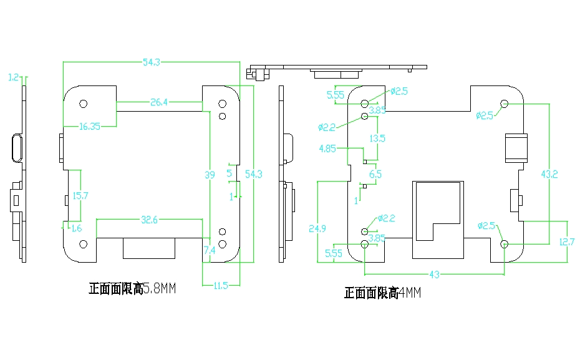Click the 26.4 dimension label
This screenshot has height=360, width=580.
(x=159, y=102)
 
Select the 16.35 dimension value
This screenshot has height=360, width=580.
(x=90, y=127)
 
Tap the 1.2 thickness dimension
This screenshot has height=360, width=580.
(x=13, y=77)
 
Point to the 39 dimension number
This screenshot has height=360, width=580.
(x=210, y=175)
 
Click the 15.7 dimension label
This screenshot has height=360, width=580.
(x=80, y=196)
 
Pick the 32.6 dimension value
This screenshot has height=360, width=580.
(x=150, y=220)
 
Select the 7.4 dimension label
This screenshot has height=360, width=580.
(x=210, y=250)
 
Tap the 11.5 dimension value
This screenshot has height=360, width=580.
(x=221, y=286)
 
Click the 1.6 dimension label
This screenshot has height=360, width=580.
(x=77, y=228)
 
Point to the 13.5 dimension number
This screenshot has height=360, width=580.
(x=377, y=139)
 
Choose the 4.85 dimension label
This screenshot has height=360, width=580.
(x=327, y=148)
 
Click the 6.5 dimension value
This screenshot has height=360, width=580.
(x=375, y=174)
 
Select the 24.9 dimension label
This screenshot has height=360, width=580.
(x=317, y=228)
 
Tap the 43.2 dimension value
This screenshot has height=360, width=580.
(x=549, y=174)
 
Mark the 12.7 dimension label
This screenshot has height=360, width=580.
(x=567, y=242)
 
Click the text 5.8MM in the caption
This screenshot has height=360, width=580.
(x=160, y=288)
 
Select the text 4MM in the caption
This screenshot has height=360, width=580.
(x=410, y=293)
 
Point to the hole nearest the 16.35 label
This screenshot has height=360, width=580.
(x=83, y=104)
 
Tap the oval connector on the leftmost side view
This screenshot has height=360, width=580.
(x=17, y=148)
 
